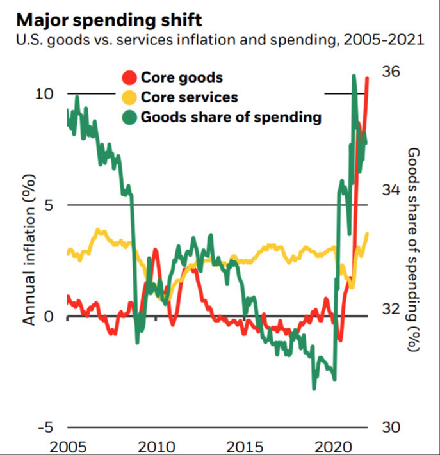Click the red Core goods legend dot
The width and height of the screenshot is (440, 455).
coord(129,78)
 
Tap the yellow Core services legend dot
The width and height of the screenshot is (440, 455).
coord(129,97)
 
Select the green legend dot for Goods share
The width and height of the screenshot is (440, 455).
coord(129,117)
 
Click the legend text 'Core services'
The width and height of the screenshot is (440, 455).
coord(189,97)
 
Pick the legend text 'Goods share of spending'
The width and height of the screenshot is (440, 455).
coord(231,117)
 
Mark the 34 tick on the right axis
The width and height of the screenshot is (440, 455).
coord(392,189)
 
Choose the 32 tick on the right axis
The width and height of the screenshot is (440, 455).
coord(392,308)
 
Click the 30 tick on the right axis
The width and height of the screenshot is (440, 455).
coord(392,427)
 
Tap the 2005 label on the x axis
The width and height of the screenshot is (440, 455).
coord(67,446)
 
